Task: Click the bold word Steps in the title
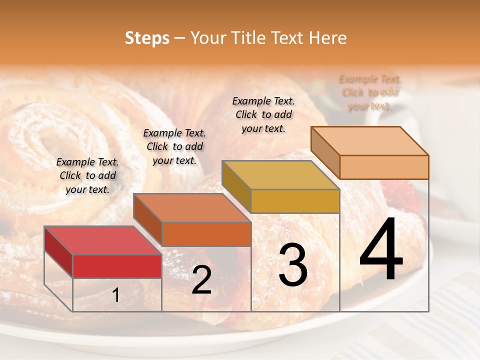tap(146, 38)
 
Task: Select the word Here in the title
tap(327, 38)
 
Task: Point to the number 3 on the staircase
tap(292, 265)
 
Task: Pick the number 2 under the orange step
tap(201, 280)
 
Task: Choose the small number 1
tap(116, 295)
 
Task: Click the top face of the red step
tap(103, 240)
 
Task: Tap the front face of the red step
tap(117, 266)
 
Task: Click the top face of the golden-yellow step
tap(280, 175)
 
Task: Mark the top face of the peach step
tap(370, 141)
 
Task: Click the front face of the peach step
tap(384, 167)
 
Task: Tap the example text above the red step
tap(87, 175)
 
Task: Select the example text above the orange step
tap(174, 146)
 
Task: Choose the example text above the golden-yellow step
tap(263, 114)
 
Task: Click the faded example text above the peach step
tap(370, 92)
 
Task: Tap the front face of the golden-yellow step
tap(295, 201)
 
